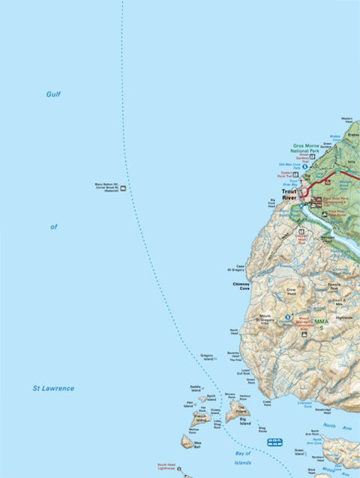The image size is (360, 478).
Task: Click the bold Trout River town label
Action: (x=289, y=195)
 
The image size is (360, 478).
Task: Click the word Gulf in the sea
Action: (x=52, y=94)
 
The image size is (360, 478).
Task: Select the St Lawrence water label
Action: (x=53, y=388)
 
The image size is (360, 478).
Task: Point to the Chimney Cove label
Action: (x=240, y=287)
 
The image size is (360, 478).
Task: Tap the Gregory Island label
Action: (x=207, y=357)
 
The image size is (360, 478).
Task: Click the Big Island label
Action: (x=244, y=423)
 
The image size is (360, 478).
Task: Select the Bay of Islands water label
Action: (x=242, y=457)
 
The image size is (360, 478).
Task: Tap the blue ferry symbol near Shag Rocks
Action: (x=274, y=442)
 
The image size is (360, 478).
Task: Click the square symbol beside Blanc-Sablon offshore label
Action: (x=124, y=188)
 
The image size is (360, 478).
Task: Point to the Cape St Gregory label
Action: (x=241, y=267)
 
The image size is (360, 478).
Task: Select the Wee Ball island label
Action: (x=197, y=446)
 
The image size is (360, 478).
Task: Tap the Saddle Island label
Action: (x=196, y=390)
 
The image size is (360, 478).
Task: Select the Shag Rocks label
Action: (x=262, y=430)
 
